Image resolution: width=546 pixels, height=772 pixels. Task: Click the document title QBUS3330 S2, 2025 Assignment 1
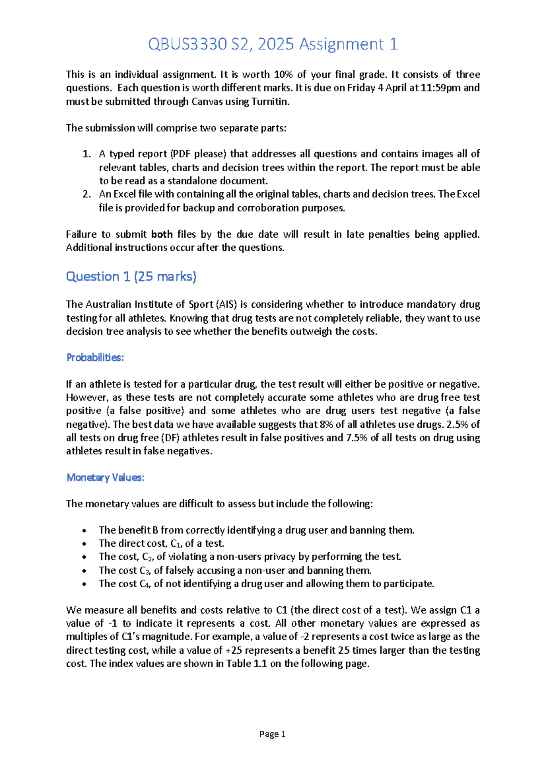pos(273,44)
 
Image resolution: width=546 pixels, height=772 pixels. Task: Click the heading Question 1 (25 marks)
pos(131,276)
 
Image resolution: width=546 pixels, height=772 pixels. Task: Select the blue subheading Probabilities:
pos(95,357)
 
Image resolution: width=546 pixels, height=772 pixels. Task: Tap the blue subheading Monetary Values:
pos(105,477)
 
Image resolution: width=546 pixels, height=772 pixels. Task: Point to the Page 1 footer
pos(272,734)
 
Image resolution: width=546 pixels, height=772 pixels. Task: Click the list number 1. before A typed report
pos(86,154)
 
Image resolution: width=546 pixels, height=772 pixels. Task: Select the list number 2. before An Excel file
pos(86,194)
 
